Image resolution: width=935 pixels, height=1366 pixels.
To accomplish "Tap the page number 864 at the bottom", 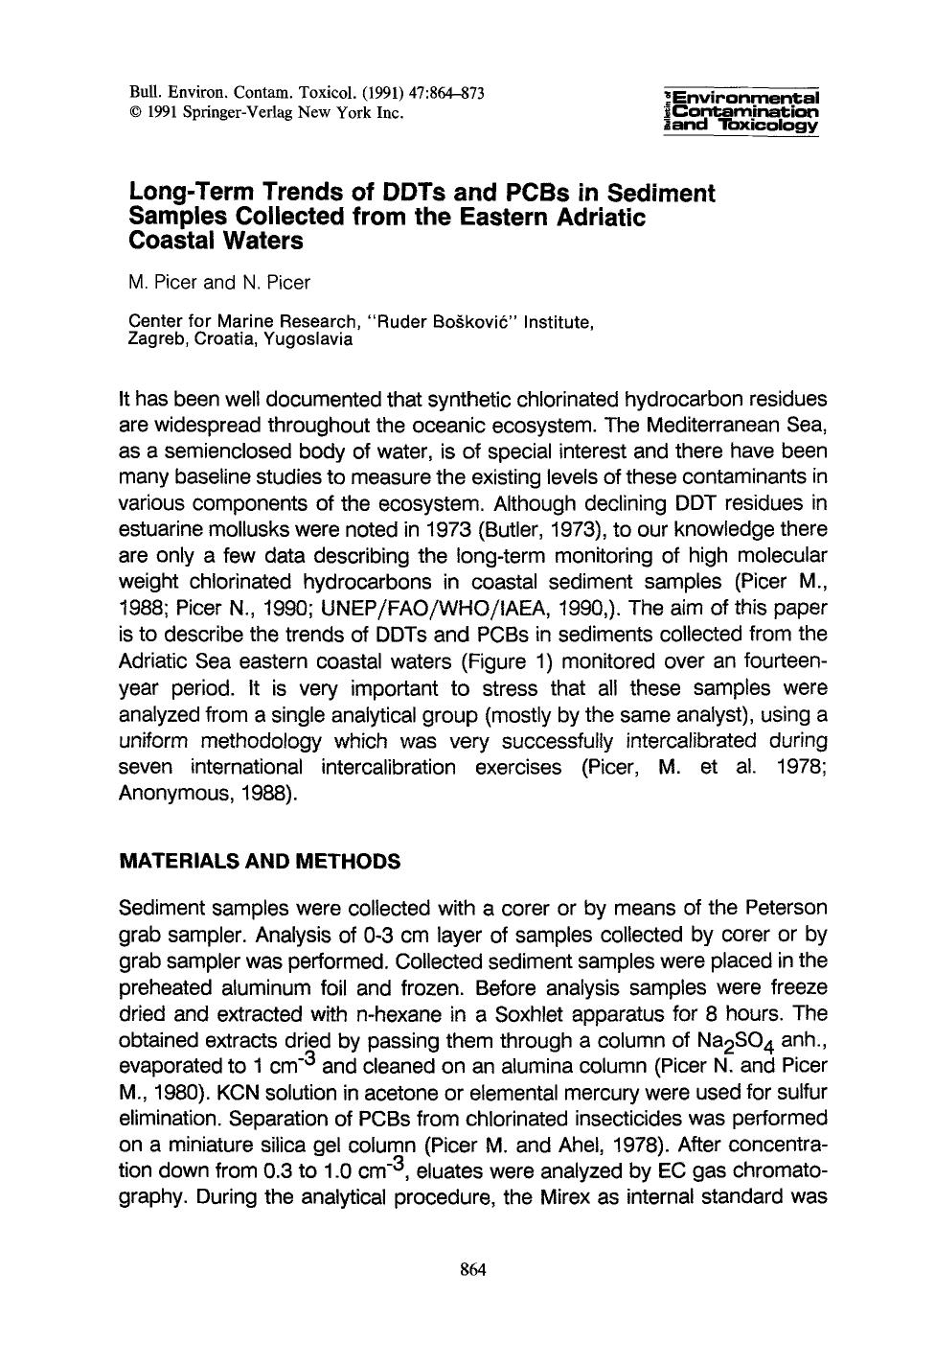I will point(474,1270).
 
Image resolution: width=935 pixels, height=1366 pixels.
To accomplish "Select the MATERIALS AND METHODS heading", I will point(259,861).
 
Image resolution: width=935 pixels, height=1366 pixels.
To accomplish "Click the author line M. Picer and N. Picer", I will point(219,283).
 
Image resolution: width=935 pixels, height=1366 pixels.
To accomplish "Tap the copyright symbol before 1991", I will point(135,112).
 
